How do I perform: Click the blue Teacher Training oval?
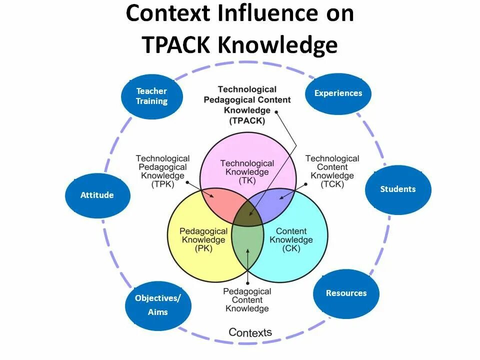pyautogui.click(x=151, y=96)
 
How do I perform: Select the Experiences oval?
pyautogui.click(x=338, y=93)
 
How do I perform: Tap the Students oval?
pyautogui.click(x=398, y=189)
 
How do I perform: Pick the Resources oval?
pyautogui.click(x=346, y=293)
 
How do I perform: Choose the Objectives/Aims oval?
pyautogui.click(x=158, y=304)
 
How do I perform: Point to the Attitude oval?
pyautogui.click(x=97, y=195)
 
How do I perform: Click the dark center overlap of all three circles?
pyautogui.click(x=248, y=215)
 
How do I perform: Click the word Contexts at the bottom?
pyautogui.click(x=250, y=332)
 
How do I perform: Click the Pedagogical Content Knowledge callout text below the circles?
pyautogui.click(x=247, y=300)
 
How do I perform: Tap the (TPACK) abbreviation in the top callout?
pyautogui.click(x=247, y=120)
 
